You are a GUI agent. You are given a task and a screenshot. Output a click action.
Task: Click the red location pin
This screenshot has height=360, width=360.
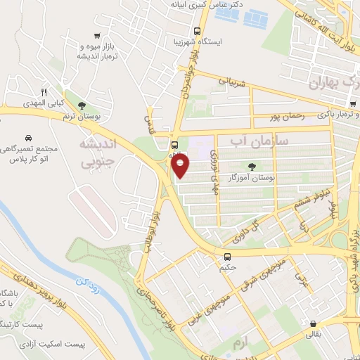[x=181, y=166]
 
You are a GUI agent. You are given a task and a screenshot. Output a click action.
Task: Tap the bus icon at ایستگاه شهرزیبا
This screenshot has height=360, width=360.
[x=197, y=31]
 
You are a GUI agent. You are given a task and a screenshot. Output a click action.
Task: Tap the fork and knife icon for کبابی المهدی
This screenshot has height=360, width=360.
[x=44, y=91]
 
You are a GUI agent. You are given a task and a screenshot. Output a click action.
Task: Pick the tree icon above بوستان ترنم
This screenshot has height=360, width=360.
[x=82, y=105]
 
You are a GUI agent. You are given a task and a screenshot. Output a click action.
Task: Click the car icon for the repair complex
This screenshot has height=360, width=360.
[x=27, y=138]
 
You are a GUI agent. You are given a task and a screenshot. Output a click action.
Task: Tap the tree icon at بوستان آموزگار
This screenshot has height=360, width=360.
[x=252, y=167]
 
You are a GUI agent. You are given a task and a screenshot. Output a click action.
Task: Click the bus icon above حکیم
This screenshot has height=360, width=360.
[x=227, y=257]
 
